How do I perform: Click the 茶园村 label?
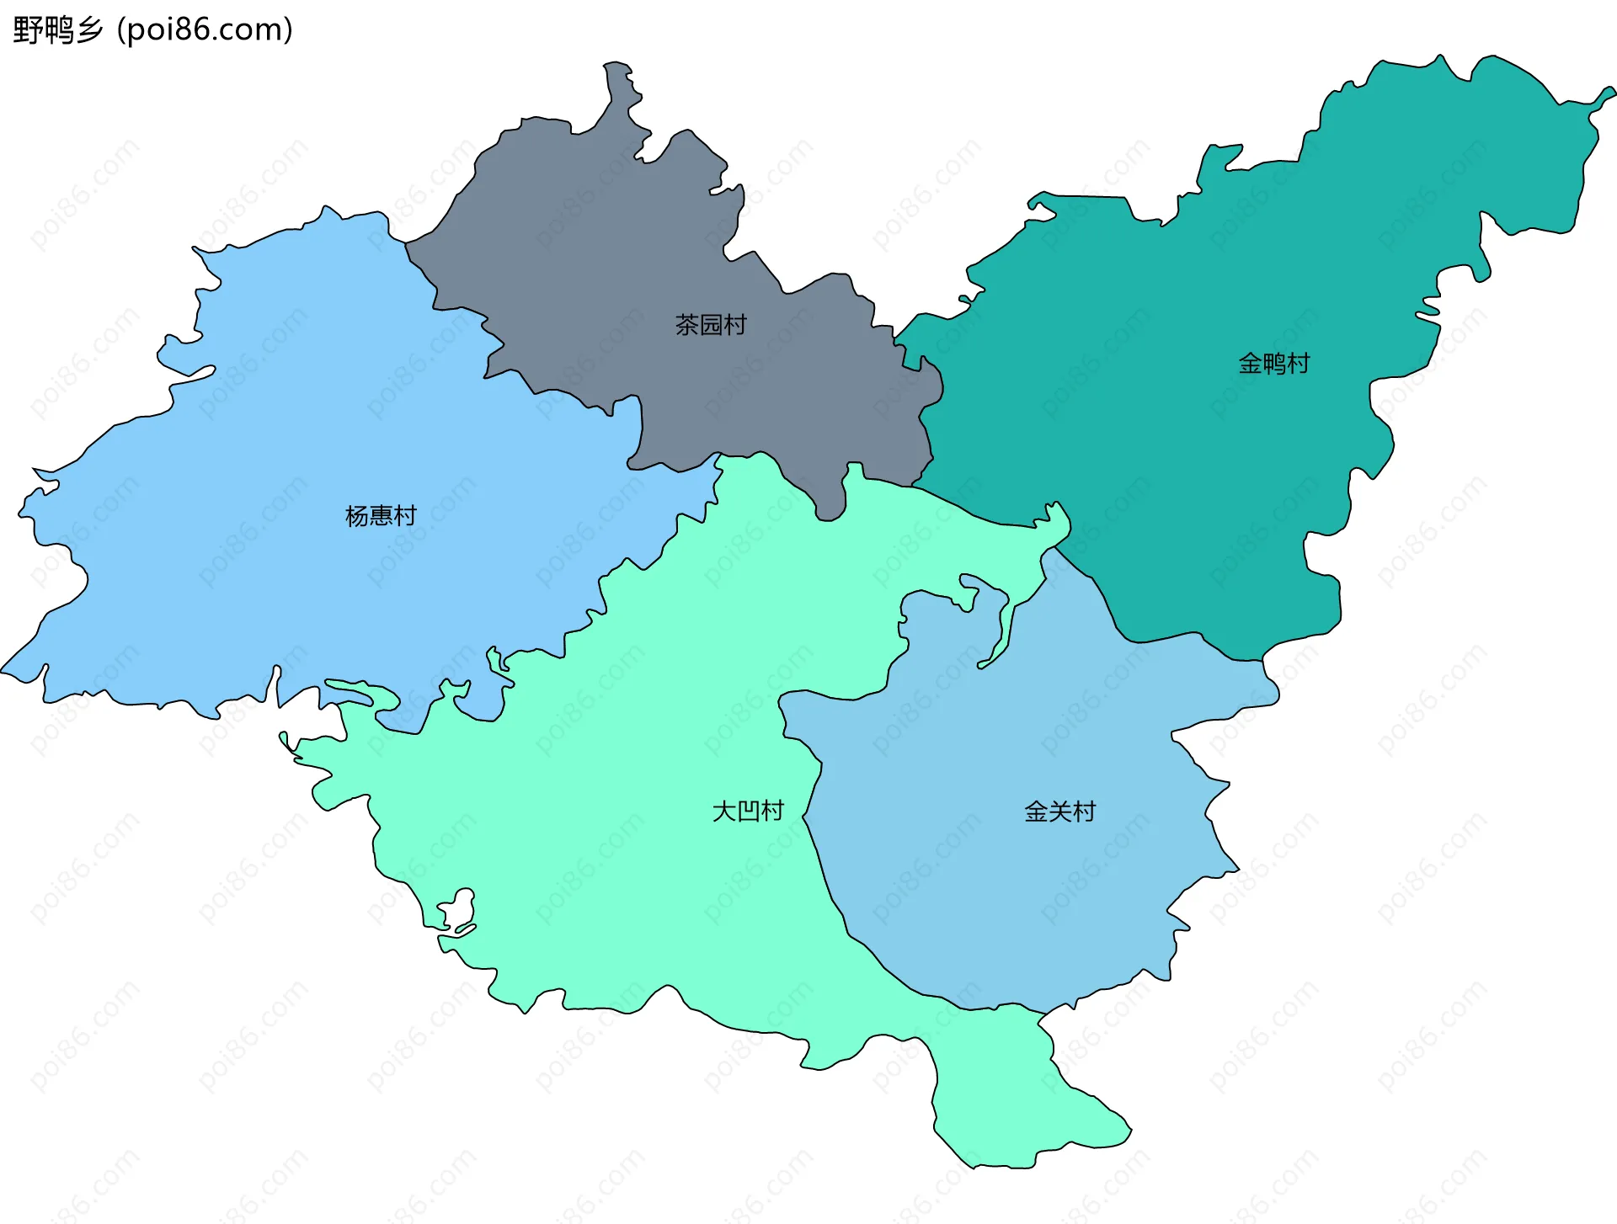click(x=711, y=325)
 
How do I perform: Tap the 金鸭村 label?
click(x=1273, y=364)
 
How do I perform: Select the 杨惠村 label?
click(x=381, y=515)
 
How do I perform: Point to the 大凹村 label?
click(x=748, y=811)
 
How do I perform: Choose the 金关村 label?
click(x=1059, y=812)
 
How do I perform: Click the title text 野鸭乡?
click(x=57, y=30)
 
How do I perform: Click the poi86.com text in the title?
click(x=205, y=30)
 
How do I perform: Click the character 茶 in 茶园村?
click(x=687, y=325)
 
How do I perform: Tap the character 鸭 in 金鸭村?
click(x=1274, y=364)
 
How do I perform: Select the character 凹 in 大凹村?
click(x=749, y=811)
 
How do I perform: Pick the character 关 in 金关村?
click(x=1060, y=812)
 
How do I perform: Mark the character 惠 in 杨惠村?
click(x=382, y=515)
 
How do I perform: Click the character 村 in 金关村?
click(x=1084, y=812)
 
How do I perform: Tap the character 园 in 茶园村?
click(x=712, y=325)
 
